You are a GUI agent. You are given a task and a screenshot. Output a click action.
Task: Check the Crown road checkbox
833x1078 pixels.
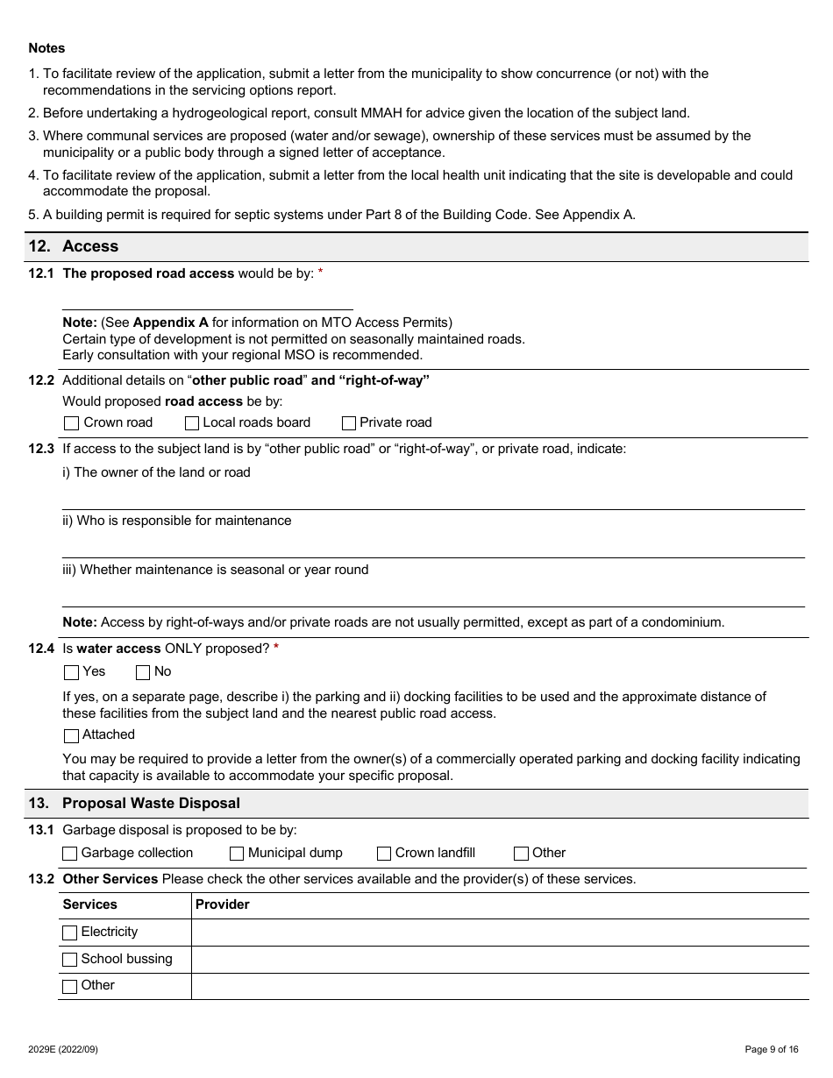coord(71,423)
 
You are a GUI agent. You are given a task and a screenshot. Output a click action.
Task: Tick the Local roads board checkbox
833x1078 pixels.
coord(192,423)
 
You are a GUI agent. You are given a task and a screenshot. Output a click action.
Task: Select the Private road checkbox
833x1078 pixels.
coord(348,423)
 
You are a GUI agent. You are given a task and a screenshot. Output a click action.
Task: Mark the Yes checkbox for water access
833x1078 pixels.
coord(71,672)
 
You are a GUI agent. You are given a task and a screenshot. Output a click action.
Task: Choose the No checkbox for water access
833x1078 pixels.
coord(143,672)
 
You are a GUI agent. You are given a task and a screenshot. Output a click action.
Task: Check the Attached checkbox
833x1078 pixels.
coord(71,735)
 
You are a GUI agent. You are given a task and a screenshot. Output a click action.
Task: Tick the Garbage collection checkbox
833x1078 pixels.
coord(70,854)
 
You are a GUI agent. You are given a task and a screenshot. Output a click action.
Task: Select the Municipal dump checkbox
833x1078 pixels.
coord(237,854)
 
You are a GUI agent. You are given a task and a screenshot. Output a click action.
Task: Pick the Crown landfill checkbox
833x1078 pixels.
coord(384,854)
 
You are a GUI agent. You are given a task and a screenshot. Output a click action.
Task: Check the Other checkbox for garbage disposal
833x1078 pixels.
coord(521,854)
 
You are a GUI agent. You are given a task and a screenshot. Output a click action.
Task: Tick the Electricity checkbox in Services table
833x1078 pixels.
coord(70,933)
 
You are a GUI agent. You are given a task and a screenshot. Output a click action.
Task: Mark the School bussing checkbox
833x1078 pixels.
coord(70,960)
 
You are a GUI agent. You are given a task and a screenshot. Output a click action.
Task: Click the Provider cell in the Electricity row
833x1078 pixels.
coord(499,933)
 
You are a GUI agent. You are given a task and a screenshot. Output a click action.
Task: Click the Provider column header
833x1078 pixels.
coord(223,904)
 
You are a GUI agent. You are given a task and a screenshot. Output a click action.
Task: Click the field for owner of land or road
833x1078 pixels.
coord(433,497)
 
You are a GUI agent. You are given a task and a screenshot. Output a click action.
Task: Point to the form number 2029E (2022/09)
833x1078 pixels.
coord(63,1049)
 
